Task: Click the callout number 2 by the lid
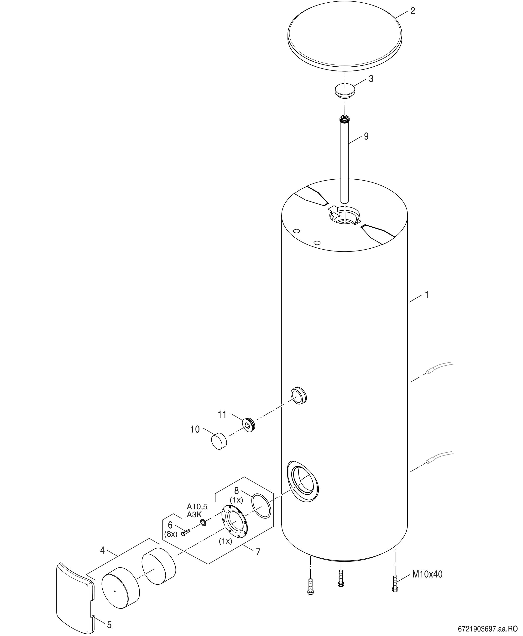pyautogui.click(x=413, y=11)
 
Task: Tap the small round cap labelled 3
pyautogui.click(x=345, y=91)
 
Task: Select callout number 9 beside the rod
pyautogui.click(x=366, y=136)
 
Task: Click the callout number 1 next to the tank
pyautogui.click(x=426, y=295)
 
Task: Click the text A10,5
pyautogui.click(x=197, y=506)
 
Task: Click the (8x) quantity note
pyautogui.click(x=171, y=534)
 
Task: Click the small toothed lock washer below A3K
pyautogui.click(x=203, y=523)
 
